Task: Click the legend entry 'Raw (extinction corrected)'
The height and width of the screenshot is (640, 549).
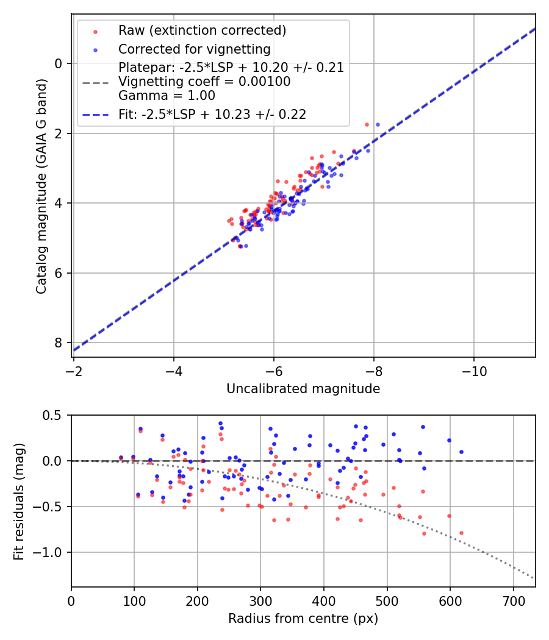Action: [x=202, y=30]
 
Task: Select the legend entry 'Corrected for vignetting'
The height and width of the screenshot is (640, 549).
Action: [x=194, y=49]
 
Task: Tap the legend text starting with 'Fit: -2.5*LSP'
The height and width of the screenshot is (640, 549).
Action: [x=212, y=114]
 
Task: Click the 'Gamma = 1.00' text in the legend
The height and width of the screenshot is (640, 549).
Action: [x=167, y=95]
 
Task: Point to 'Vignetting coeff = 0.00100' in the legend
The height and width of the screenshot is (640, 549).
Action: [x=204, y=82]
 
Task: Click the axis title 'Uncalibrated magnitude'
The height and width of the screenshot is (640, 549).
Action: [x=303, y=389]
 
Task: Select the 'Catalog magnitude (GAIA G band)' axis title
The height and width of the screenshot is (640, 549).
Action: [x=41, y=185]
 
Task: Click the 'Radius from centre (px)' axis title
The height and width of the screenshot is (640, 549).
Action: [x=303, y=619]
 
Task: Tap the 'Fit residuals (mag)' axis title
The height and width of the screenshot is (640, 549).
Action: [x=19, y=501]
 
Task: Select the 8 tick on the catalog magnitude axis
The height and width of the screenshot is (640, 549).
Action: [x=59, y=343]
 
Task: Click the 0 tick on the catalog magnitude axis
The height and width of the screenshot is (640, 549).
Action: [x=59, y=63]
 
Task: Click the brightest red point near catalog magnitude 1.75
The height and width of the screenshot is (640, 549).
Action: [x=367, y=124]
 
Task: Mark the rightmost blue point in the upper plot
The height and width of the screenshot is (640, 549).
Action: [x=378, y=124]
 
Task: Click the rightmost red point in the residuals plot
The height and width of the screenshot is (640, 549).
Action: [x=461, y=533]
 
